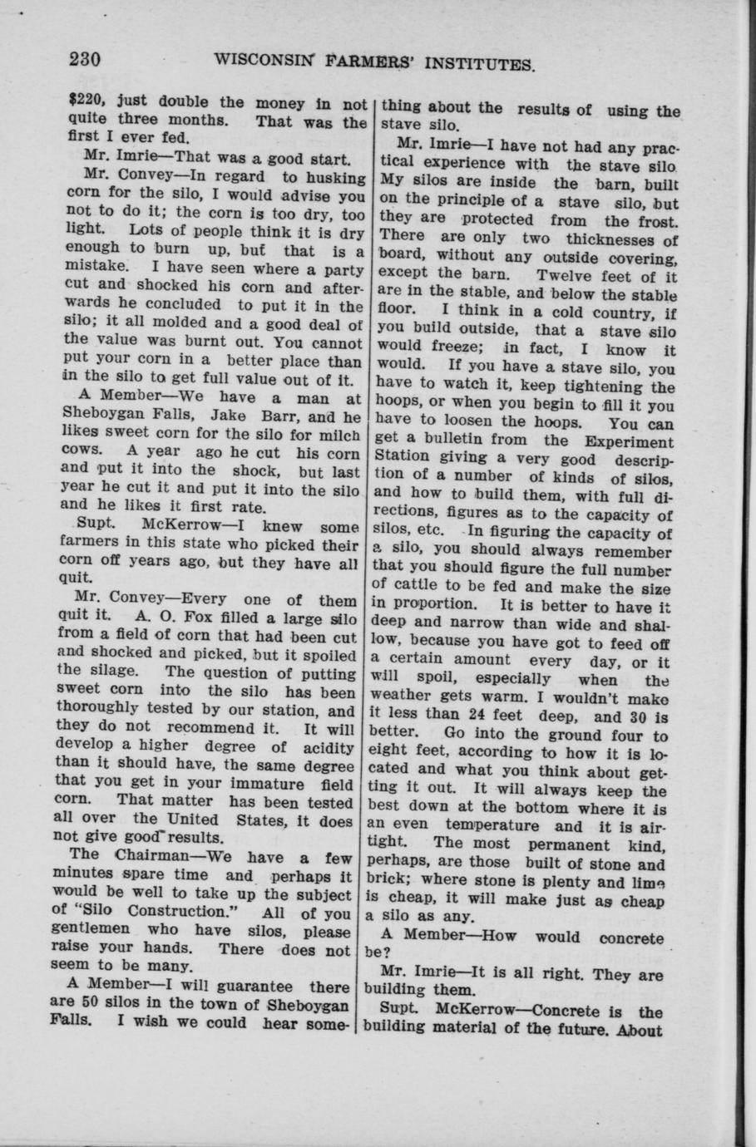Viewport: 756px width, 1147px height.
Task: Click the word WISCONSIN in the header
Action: point(265,62)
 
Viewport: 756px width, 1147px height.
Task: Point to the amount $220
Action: point(84,104)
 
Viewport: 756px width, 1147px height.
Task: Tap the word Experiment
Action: point(630,442)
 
